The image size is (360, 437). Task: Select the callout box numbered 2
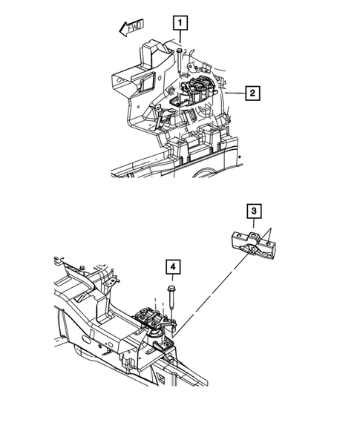pyautogui.click(x=252, y=93)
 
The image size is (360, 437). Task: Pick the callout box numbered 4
pyautogui.click(x=171, y=266)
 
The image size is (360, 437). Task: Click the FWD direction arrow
pyautogui.click(x=130, y=29)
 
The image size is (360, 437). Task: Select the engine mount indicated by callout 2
pyautogui.click(x=199, y=91)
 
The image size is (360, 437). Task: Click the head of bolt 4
pyautogui.click(x=171, y=286)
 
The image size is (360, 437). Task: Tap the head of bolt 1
pyautogui.click(x=180, y=49)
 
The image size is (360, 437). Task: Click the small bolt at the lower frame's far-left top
pyautogui.click(x=82, y=265)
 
